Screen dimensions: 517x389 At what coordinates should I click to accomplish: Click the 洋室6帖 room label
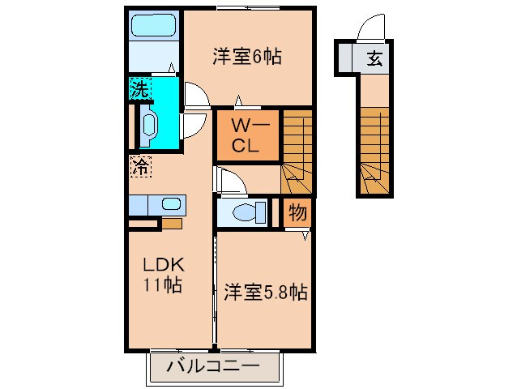point(247,57)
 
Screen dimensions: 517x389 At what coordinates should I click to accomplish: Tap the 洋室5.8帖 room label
point(266,292)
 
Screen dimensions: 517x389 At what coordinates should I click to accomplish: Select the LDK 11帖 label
point(163,275)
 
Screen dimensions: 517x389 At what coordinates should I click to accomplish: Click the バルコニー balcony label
point(212,366)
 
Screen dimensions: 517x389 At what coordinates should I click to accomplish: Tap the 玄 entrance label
point(375,58)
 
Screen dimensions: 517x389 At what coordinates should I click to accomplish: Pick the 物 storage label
point(297,212)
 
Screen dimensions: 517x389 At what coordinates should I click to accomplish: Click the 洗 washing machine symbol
point(140,88)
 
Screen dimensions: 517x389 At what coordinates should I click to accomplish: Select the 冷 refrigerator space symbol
point(141,166)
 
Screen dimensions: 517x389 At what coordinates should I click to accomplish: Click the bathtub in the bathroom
point(154,25)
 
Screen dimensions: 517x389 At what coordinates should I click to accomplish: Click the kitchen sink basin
point(171,204)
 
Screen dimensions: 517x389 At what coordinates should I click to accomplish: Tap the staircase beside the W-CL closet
point(297,152)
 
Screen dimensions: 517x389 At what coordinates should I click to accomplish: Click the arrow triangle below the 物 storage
point(305,235)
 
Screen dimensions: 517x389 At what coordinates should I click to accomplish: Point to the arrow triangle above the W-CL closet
point(239,100)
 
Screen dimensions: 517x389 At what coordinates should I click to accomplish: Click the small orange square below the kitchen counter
point(172,224)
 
